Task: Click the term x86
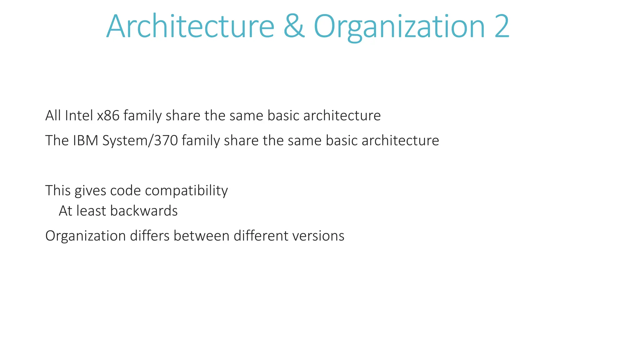pos(108,116)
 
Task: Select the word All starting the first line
pos(53,116)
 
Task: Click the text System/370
pos(140,141)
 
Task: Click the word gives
pos(90,191)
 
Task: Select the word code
pos(126,191)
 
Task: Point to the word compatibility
pos(186,191)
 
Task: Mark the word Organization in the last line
pos(85,236)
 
